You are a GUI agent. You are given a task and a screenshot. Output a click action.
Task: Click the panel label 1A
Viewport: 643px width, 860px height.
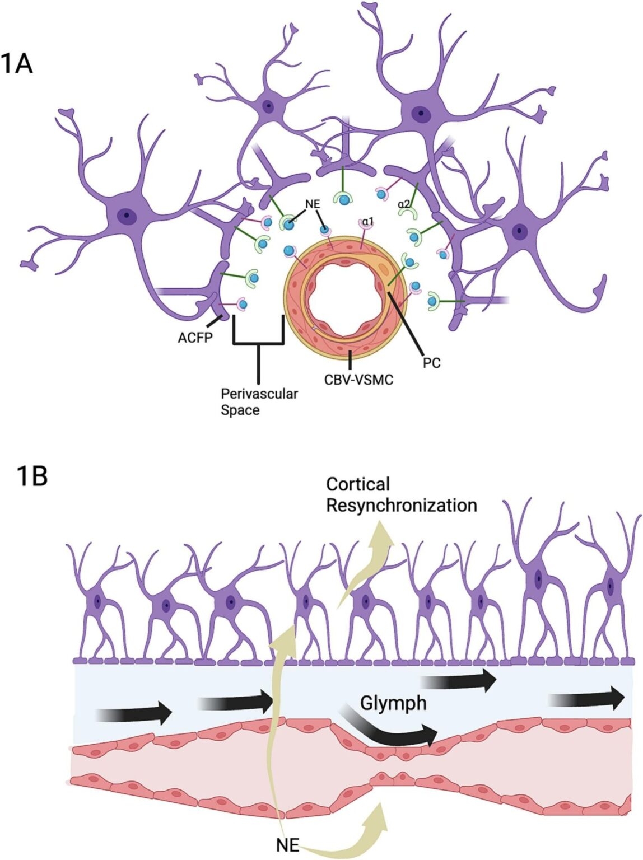point(17,63)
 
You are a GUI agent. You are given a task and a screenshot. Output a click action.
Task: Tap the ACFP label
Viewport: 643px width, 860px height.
point(195,338)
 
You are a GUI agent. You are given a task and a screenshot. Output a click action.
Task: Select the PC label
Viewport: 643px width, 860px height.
point(431,363)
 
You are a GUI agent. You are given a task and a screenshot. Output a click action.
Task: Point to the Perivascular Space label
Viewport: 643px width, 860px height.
point(259,401)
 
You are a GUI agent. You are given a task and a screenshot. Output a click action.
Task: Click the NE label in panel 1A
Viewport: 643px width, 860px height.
point(312,204)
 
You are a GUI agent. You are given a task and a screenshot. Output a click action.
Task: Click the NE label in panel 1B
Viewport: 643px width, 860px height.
point(288,844)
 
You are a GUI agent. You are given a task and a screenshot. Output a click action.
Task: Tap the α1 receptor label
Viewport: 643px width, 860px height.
point(368,222)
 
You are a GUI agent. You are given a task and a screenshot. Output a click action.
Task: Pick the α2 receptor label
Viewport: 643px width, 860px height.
point(404,204)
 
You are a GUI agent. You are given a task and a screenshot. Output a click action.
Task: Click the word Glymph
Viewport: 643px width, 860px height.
point(393,703)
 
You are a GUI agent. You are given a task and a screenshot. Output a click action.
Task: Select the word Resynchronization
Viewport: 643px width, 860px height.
point(402,505)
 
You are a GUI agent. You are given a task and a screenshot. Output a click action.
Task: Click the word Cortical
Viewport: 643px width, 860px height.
point(358,484)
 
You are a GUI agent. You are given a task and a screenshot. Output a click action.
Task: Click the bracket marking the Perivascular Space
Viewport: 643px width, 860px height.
point(258,339)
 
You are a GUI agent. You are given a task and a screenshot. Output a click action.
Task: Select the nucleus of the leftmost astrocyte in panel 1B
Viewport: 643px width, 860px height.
point(99,603)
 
